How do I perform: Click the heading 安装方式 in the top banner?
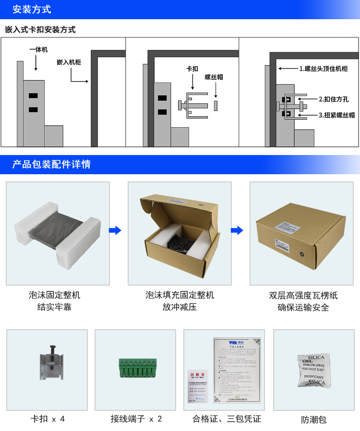32,10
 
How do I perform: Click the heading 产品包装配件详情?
51,165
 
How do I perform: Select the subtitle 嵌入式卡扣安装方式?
40,30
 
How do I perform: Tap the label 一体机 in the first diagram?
38,49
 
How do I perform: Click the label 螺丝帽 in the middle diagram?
214,77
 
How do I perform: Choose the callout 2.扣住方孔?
334,99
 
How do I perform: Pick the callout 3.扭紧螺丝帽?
336,115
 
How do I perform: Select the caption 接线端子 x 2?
136,419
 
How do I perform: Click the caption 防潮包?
314,419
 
